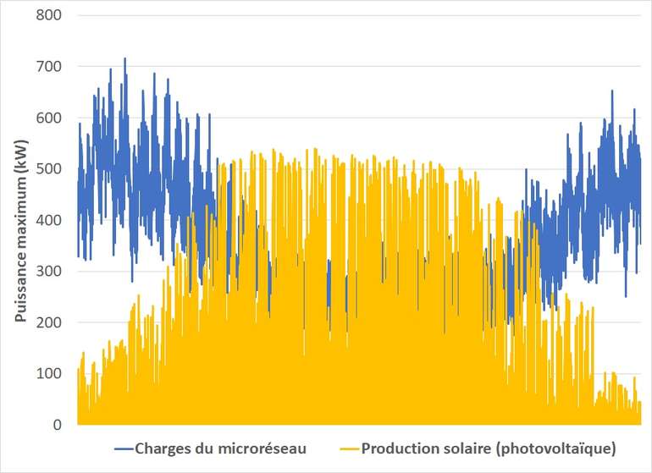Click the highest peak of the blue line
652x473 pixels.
coord(124,58)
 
